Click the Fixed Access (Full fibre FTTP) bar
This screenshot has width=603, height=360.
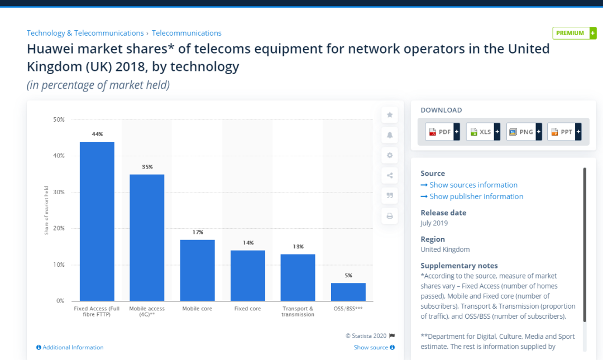97,221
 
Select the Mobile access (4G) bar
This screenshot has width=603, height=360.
147,237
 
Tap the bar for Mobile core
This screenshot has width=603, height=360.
197,270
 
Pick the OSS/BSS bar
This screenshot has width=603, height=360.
348,292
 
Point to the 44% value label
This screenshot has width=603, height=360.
97,134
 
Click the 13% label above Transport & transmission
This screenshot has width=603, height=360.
298,247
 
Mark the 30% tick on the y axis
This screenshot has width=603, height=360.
59,192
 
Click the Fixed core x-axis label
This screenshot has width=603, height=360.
247,309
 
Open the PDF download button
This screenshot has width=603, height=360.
442,132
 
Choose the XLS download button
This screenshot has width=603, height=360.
483,132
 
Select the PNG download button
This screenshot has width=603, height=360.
524,132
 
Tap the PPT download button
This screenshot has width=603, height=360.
564,132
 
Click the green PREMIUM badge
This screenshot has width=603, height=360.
574,33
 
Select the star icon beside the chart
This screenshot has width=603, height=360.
390,115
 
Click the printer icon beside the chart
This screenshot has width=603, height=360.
390,215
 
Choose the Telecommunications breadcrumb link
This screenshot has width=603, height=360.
186,33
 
